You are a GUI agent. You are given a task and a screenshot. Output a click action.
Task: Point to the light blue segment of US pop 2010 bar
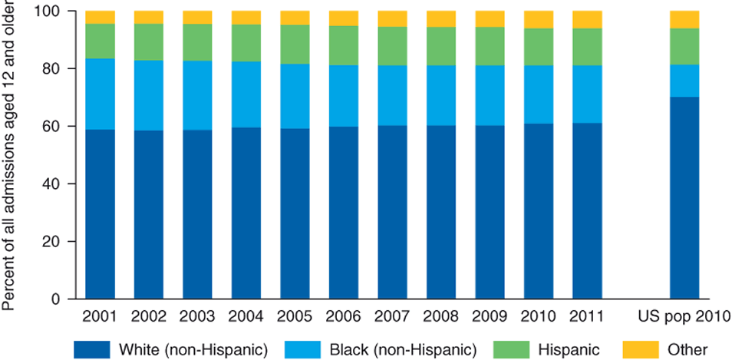(684, 81)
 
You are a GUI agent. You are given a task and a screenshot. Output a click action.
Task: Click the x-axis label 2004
(246, 315)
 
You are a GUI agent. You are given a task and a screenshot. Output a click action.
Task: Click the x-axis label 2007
(392, 315)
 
